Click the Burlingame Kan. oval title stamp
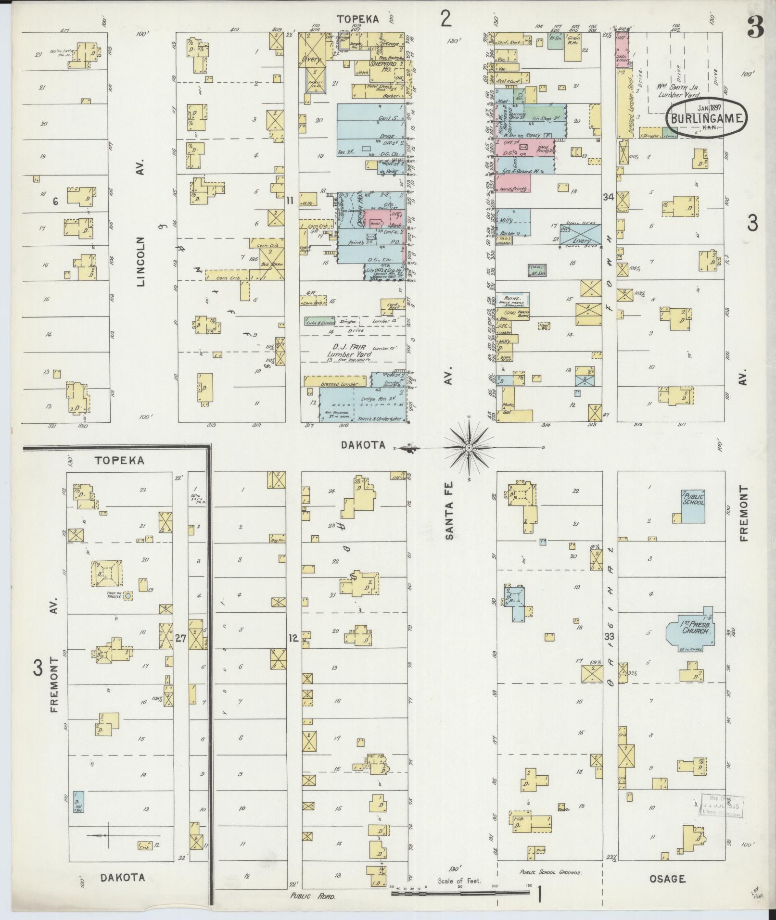(706, 118)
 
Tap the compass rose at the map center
(468, 448)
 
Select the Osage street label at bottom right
(667, 879)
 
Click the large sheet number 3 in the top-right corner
(755, 29)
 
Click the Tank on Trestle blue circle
(128, 596)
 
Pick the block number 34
(608, 196)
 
